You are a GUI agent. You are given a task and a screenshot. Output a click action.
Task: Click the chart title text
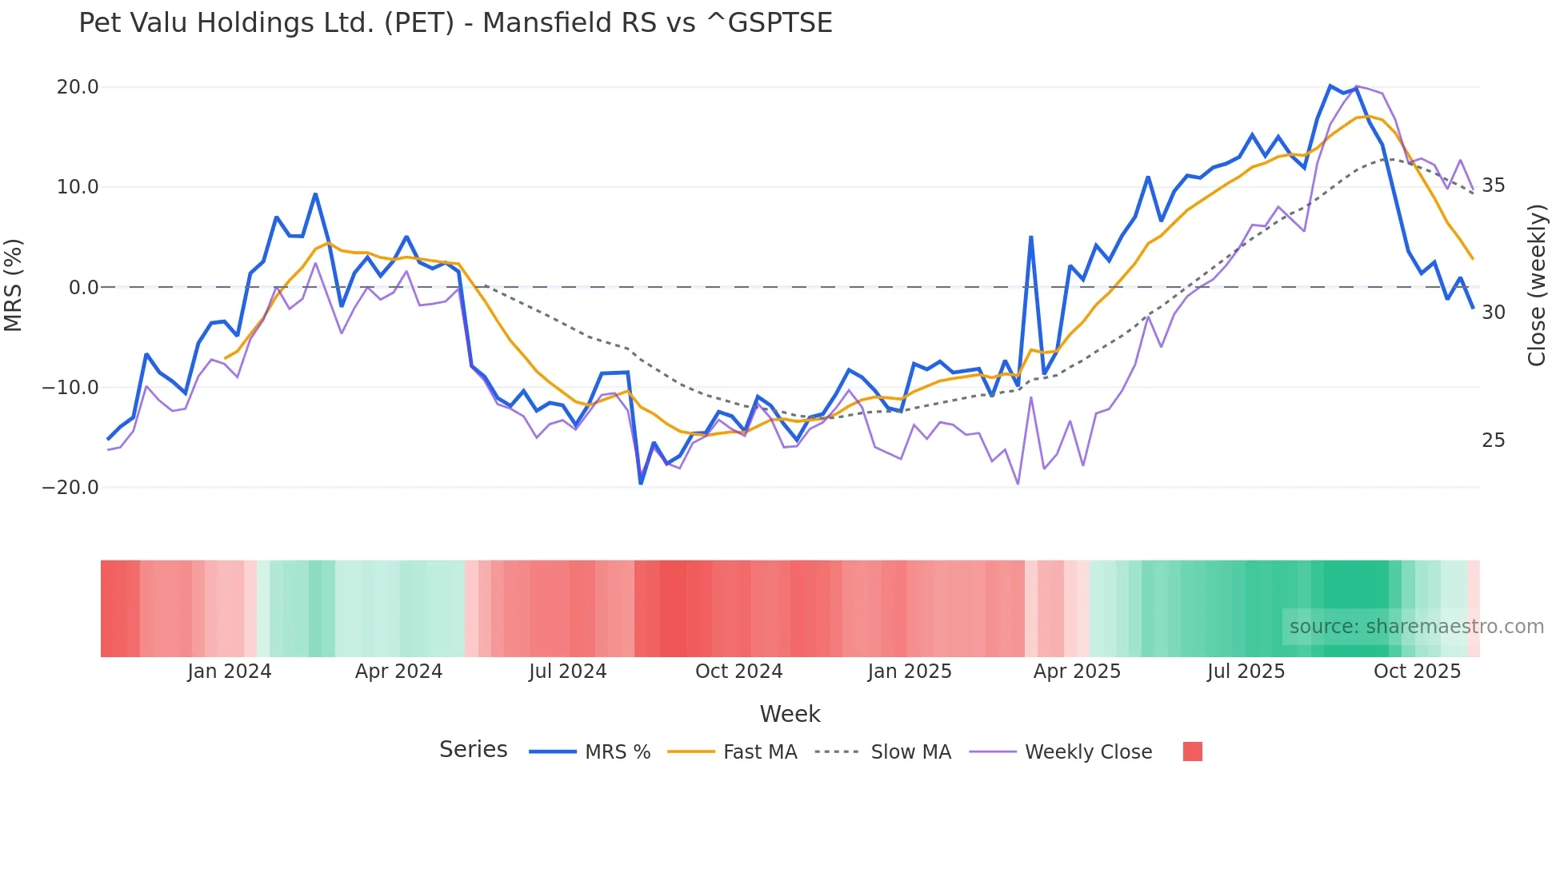click(455, 23)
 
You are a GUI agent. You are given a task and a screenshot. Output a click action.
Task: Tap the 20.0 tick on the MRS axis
click(78, 87)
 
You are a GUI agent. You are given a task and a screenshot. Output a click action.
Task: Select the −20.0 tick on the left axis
click(70, 488)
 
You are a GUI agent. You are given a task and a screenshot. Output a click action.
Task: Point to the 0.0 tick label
click(84, 288)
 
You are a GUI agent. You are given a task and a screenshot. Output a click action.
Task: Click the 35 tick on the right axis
click(1494, 185)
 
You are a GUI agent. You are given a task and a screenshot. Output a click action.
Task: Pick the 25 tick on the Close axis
click(1494, 440)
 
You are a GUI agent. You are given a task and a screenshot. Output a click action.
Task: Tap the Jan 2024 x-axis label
click(230, 672)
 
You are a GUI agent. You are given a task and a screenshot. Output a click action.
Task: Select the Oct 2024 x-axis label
click(738, 672)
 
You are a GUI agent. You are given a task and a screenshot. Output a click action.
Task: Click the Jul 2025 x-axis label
click(1246, 672)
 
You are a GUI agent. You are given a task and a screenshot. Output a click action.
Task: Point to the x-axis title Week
click(790, 714)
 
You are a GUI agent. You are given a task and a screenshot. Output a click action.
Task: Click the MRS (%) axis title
click(14, 285)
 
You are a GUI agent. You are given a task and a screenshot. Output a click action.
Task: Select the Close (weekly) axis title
click(1537, 285)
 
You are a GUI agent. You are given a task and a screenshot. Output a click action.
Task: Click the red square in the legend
click(1192, 751)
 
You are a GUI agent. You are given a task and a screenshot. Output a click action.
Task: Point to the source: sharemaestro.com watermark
click(1416, 627)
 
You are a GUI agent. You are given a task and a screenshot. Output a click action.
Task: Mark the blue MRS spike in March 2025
click(1031, 237)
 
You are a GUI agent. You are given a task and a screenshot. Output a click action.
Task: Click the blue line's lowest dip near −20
click(641, 483)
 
